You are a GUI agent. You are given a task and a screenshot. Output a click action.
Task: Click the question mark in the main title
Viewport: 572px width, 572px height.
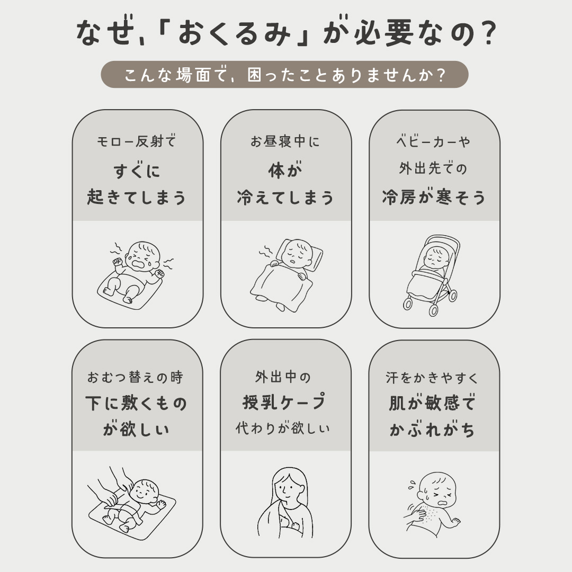click(x=486, y=33)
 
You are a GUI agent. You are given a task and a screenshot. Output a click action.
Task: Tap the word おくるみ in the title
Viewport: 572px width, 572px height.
click(x=234, y=33)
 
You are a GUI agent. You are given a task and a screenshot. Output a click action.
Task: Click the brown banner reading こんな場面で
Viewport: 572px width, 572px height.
click(x=284, y=75)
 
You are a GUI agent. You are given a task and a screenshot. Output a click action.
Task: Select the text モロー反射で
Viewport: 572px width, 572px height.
click(x=137, y=141)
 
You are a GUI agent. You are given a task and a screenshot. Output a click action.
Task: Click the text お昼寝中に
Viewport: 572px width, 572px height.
click(x=285, y=141)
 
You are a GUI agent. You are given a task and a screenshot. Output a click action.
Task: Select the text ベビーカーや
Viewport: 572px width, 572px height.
click(x=433, y=141)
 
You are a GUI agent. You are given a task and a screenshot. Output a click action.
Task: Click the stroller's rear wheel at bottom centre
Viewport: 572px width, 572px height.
click(x=433, y=310)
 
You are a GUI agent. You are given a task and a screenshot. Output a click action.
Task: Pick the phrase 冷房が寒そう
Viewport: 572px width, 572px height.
click(x=434, y=198)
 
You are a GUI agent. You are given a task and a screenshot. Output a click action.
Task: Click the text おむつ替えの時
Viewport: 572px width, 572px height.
click(x=135, y=377)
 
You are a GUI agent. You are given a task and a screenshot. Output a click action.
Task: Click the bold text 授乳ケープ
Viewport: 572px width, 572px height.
click(x=284, y=402)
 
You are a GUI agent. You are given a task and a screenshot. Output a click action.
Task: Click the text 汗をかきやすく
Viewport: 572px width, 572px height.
click(x=432, y=378)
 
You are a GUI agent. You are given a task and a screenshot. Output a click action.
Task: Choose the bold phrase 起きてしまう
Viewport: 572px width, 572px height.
click(x=137, y=198)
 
